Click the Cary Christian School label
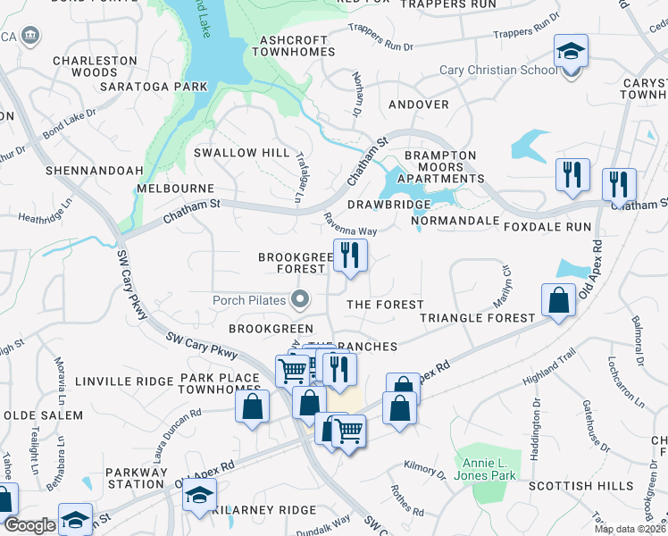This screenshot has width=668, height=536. point(497,71)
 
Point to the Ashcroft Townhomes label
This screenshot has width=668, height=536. point(296,46)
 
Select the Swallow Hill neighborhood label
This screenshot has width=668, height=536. point(242,153)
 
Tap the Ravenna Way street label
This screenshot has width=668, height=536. point(351,224)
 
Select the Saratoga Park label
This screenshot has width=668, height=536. point(154,87)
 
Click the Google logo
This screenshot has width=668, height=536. point(29,526)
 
